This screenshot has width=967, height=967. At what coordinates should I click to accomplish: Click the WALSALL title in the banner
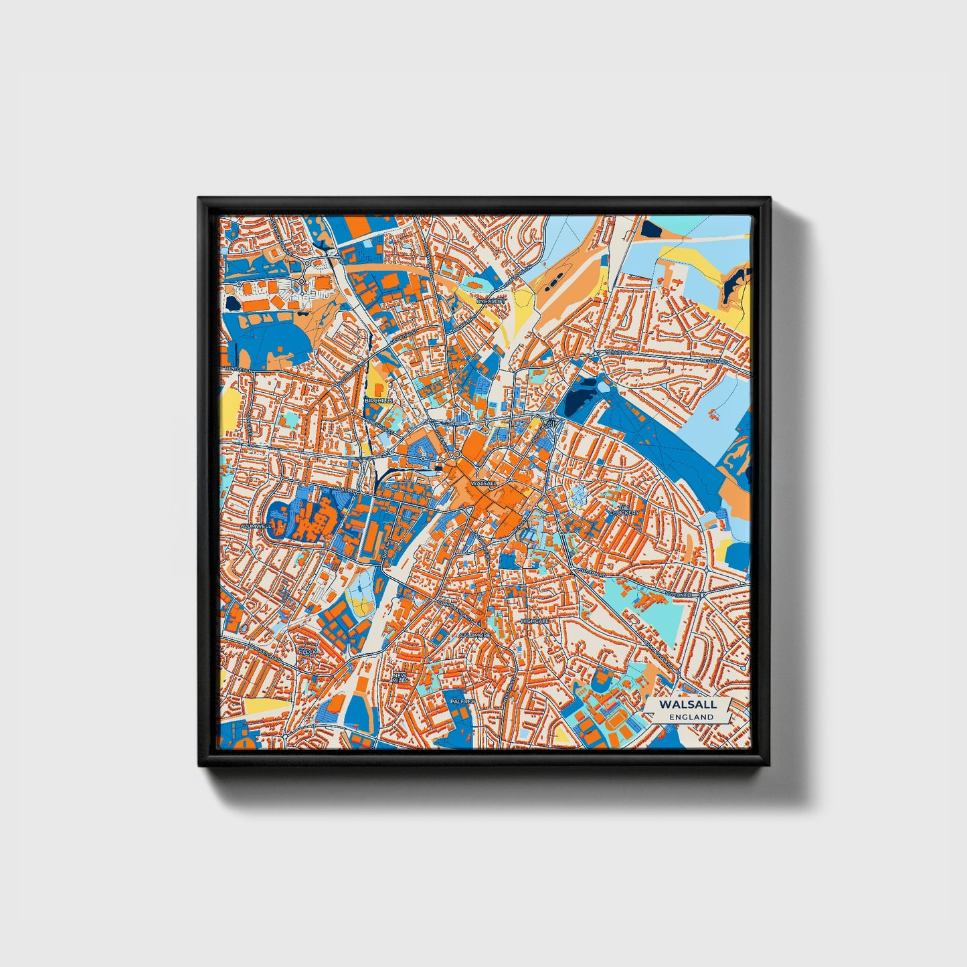pyautogui.click(x=687, y=704)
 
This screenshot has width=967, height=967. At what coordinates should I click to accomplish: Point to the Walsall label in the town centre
pyautogui.click(x=484, y=482)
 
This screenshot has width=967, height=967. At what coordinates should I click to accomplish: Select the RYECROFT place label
pyautogui.click(x=489, y=302)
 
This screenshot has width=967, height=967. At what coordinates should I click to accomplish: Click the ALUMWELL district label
pyautogui.click(x=256, y=527)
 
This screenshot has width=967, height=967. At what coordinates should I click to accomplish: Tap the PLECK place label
pyautogui.click(x=307, y=650)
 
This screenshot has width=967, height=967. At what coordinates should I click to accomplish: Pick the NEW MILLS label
pyautogui.click(x=400, y=678)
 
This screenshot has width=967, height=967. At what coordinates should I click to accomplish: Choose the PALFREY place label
pyautogui.click(x=462, y=701)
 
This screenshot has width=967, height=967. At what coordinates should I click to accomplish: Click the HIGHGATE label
pyautogui.click(x=535, y=621)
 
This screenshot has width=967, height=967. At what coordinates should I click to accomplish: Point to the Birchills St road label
pyautogui.click(x=376, y=423)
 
